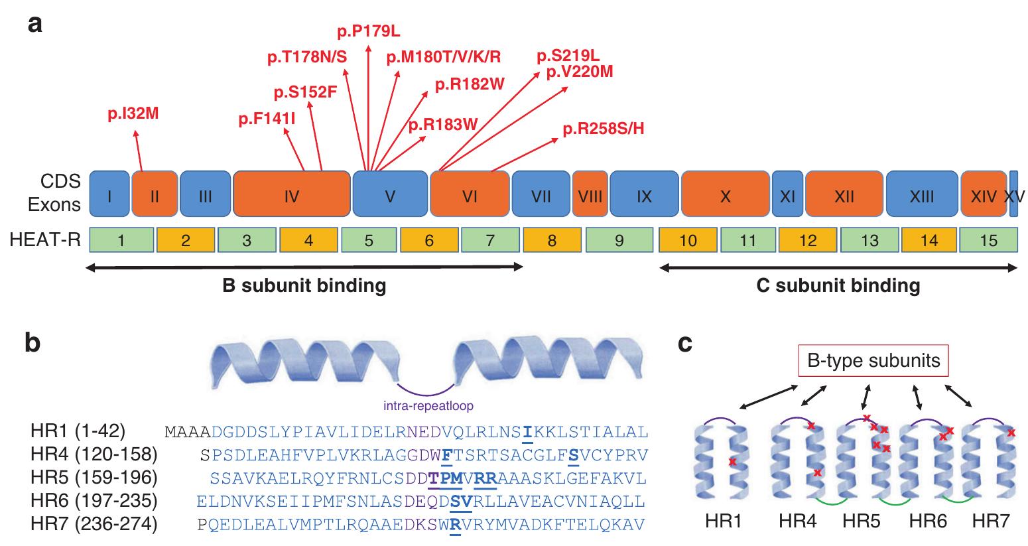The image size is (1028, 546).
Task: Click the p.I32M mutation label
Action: click(133, 115)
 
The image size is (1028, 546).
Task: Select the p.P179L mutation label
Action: click(369, 31)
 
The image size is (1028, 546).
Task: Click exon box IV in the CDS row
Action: click(292, 196)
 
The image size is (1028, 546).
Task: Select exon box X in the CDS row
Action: click(725, 196)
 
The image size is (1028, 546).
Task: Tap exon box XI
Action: click(787, 196)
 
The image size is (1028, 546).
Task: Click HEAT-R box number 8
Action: click(552, 240)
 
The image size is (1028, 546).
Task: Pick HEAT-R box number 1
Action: click(121, 240)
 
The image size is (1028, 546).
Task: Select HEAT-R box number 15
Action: click(988, 240)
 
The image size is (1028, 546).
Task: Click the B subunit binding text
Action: click(304, 286)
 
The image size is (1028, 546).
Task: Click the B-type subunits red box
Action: click(873, 362)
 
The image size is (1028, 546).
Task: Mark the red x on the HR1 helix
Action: click(732, 461)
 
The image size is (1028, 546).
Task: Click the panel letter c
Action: click(686, 344)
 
